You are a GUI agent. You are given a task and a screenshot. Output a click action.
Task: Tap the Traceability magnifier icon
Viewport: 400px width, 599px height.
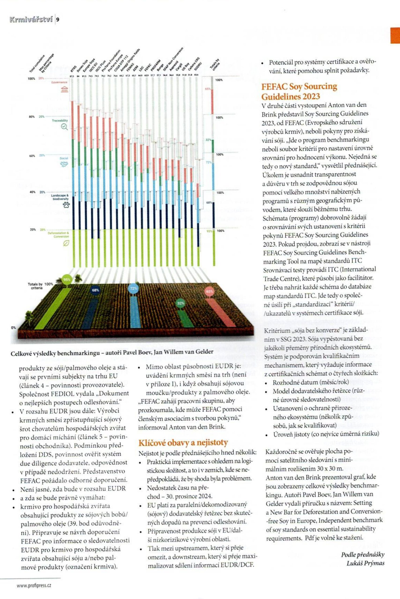(x=64, y=127)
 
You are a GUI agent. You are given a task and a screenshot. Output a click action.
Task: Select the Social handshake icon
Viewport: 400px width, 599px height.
(x=64, y=164)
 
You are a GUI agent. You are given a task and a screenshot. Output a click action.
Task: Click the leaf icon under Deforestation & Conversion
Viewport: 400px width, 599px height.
(x=66, y=243)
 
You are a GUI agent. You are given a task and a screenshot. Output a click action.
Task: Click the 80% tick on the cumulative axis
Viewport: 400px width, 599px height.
(x=32, y=117)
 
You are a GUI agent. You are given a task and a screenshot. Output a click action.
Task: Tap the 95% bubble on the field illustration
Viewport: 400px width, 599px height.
(x=68, y=280)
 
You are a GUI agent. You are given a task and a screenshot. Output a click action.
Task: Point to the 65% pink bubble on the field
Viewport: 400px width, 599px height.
(x=209, y=291)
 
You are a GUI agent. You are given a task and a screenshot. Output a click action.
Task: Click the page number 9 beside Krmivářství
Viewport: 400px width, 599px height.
(x=58, y=19)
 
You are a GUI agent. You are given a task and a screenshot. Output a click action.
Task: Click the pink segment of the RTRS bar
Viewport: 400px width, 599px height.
(x=72, y=120)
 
